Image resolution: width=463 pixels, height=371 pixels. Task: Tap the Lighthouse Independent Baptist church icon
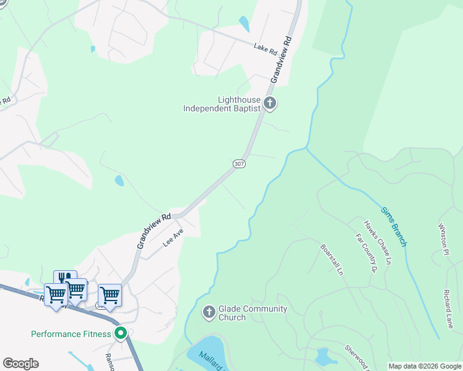pos(269,103)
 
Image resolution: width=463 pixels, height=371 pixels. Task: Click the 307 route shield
pos(239,163)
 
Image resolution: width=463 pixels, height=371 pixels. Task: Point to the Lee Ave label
pos(173,239)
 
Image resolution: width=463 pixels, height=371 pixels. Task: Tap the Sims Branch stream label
pos(394,226)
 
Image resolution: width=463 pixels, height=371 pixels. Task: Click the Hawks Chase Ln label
pos(378,243)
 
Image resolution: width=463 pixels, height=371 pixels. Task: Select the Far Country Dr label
pos(366,253)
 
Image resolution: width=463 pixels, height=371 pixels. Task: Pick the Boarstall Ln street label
pos(331,258)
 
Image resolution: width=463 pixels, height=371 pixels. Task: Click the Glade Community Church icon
pos(209,312)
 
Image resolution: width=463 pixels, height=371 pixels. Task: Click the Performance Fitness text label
pos(71,334)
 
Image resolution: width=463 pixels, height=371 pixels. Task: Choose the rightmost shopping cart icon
pos(110,295)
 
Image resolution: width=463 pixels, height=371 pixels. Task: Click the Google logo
pos(20,364)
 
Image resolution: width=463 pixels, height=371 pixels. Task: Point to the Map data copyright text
pos(424,366)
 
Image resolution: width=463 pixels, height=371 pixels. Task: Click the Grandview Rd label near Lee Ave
pos(153,232)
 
